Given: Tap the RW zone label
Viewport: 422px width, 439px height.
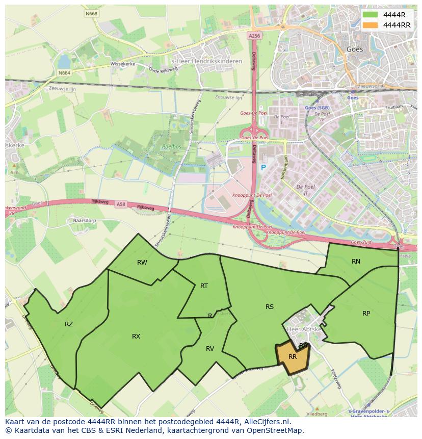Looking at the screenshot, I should click(x=142, y=263).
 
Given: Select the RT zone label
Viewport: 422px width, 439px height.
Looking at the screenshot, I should click(x=204, y=286).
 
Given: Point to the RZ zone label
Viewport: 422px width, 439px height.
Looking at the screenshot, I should click(x=69, y=324).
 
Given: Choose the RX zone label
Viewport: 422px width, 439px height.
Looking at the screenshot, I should click(x=136, y=337).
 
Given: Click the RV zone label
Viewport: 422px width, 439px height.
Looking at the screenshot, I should click(x=210, y=349).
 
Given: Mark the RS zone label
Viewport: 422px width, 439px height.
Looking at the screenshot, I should click(x=270, y=306).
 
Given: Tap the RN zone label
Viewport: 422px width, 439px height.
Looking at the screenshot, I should click(x=356, y=262).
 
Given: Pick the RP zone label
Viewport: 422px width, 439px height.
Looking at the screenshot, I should click(x=366, y=314).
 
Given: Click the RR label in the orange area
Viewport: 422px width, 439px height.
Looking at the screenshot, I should click(x=293, y=357).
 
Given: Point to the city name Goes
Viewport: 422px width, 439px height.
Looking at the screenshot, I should click(x=355, y=49).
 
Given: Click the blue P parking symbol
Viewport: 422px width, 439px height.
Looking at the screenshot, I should click(x=263, y=168).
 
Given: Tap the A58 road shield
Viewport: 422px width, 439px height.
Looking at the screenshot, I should click(x=121, y=204).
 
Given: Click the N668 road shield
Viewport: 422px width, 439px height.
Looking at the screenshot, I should click(x=92, y=14).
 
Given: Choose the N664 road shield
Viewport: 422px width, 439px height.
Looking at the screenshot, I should click(x=64, y=73).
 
